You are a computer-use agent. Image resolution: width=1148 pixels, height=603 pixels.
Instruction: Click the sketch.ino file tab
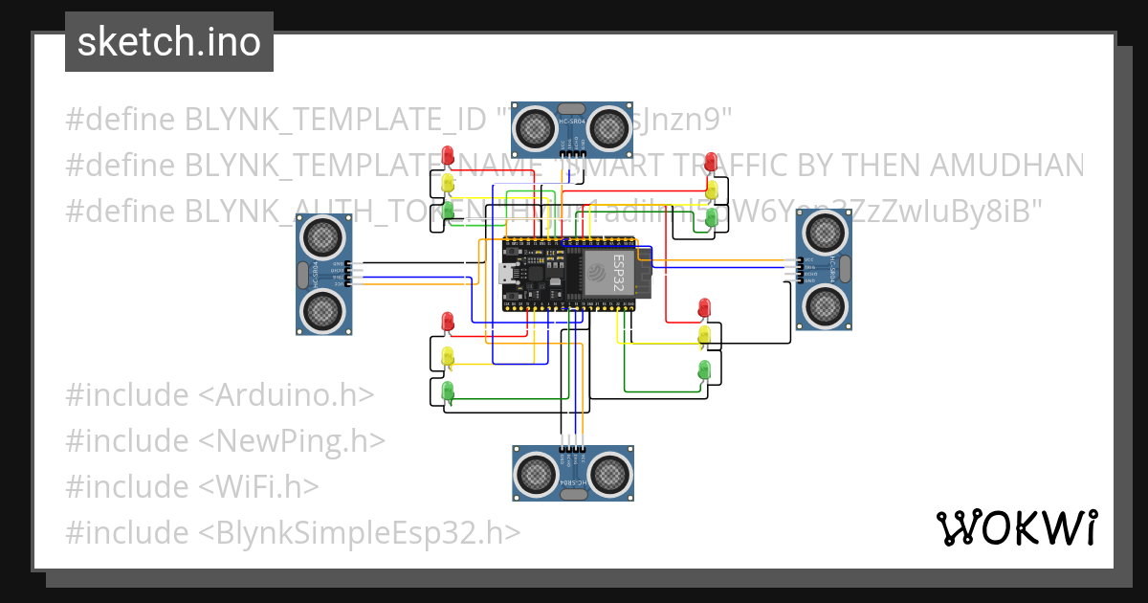tap(168, 42)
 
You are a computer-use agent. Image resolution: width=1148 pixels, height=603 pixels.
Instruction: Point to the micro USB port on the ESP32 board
tap(505, 276)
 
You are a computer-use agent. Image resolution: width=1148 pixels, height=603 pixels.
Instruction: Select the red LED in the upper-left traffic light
tap(447, 156)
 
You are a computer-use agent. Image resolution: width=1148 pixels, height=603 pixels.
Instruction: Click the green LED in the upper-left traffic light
tap(447, 210)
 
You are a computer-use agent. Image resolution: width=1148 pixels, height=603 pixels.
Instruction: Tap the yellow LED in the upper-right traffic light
tap(711, 189)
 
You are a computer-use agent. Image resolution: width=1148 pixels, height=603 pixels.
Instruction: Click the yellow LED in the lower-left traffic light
tap(447, 356)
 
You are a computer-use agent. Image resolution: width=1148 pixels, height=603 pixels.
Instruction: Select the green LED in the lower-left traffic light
tap(447, 391)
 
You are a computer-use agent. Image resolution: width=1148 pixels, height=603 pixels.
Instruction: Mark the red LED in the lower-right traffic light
tap(705, 307)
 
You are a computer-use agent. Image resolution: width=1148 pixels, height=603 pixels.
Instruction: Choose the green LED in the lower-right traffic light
tap(705, 368)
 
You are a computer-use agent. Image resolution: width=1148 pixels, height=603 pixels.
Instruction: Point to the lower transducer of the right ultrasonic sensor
tap(824, 305)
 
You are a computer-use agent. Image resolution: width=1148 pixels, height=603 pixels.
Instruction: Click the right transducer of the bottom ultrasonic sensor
tap(609, 473)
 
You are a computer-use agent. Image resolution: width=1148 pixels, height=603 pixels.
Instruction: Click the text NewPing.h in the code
tap(301, 440)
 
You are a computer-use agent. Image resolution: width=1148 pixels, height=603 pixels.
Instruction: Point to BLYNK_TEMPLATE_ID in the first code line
tap(335, 120)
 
